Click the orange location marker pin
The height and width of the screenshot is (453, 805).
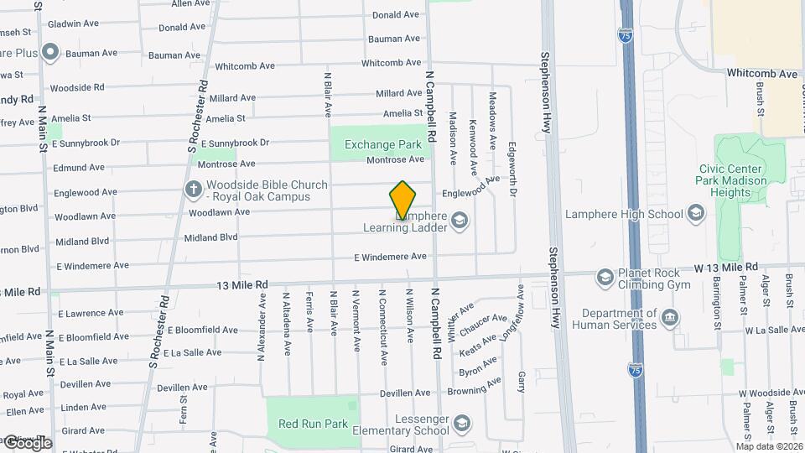pyautogui.click(x=402, y=200)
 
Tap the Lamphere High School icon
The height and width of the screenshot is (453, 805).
pyautogui.click(x=694, y=214)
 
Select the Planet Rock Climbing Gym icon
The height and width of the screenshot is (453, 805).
pyautogui.click(x=605, y=277)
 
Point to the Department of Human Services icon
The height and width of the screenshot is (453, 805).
pyautogui.click(x=669, y=318)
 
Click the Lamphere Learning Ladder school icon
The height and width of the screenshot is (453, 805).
pyautogui.click(x=458, y=221)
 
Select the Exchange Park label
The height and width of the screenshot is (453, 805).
pyautogui.click(x=382, y=144)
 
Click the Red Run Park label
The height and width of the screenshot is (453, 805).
pyautogui.click(x=313, y=424)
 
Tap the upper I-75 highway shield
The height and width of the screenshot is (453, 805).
pyautogui.click(x=625, y=34)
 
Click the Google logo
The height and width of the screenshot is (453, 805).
pyautogui.click(x=27, y=443)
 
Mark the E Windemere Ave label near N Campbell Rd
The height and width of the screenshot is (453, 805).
pyautogui.click(x=390, y=257)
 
